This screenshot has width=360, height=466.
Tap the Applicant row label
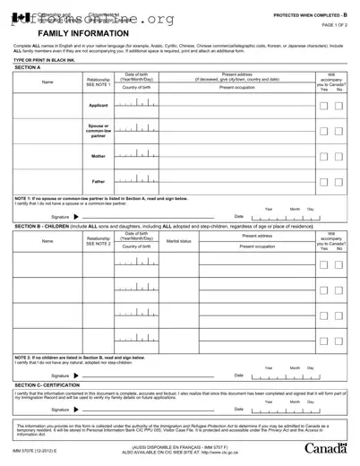(x=99, y=106)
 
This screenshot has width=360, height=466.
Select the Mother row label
(x=99, y=156)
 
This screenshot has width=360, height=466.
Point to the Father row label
(x=99, y=182)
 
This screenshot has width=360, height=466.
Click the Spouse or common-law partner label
(x=99, y=131)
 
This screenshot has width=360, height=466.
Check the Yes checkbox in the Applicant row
(x=325, y=106)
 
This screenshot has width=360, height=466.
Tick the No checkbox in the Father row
(x=339, y=182)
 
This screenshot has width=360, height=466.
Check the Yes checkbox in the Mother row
(x=325, y=156)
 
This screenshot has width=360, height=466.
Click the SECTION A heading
(x=28, y=67)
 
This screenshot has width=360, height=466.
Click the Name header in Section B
(x=47, y=241)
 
